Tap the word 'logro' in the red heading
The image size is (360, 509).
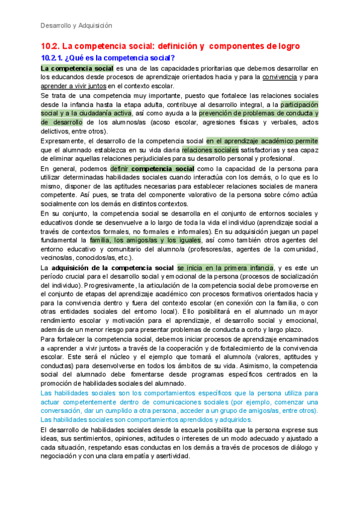[x=287, y=46]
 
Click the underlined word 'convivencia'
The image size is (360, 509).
[x=279, y=76]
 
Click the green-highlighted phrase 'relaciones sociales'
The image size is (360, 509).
[x=210, y=149]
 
